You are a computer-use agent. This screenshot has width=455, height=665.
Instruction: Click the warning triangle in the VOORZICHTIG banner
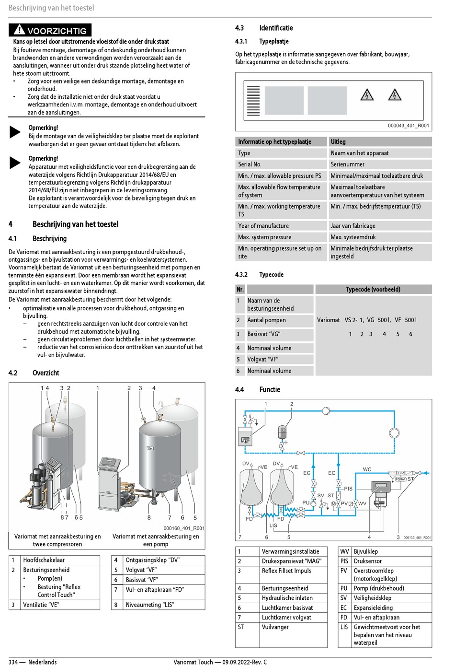pyautogui.click(x=19, y=30)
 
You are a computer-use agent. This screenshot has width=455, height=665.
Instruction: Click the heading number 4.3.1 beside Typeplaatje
pyautogui.click(x=241, y=41)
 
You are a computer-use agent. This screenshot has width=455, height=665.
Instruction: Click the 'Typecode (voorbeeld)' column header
pyautogui.click(x=373, y=290)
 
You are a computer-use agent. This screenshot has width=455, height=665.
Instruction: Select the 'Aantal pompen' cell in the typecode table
pyautogui.click(x=266, y=320)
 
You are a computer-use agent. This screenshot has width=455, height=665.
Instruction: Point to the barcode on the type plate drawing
pyautogui.click(x=253, y=101)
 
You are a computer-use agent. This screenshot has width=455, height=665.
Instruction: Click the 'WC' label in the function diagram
pyautogui.click(x=367, y=469)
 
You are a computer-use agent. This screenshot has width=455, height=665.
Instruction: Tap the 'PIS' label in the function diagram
pyautogui.click(x=348, y=489)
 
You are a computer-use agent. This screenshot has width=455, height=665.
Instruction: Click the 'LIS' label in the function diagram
pyautogui.click(x=273, y=525)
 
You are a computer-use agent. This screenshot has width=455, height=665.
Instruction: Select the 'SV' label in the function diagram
pyautogui.click(x=320, y=495)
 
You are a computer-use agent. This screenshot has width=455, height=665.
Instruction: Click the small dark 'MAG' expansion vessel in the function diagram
pyautogui.click(x=283, y=432)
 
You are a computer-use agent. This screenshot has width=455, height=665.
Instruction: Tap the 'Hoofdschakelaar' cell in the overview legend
pyautogui.click(x=44, y=560)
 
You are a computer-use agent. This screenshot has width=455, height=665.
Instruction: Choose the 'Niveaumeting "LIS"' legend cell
pyautogui.click(x=149, y=605)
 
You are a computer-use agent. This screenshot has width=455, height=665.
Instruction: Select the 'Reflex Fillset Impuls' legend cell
pyautogui.click(x=286, y=571)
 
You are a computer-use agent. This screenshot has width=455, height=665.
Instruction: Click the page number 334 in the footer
pyautogui.click(x=13, y=662)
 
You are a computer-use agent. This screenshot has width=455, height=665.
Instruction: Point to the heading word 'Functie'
pyautogui.click(x=270, y=390)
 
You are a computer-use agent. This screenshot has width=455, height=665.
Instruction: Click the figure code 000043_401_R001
pyautogui.click(x=409, y=126)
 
